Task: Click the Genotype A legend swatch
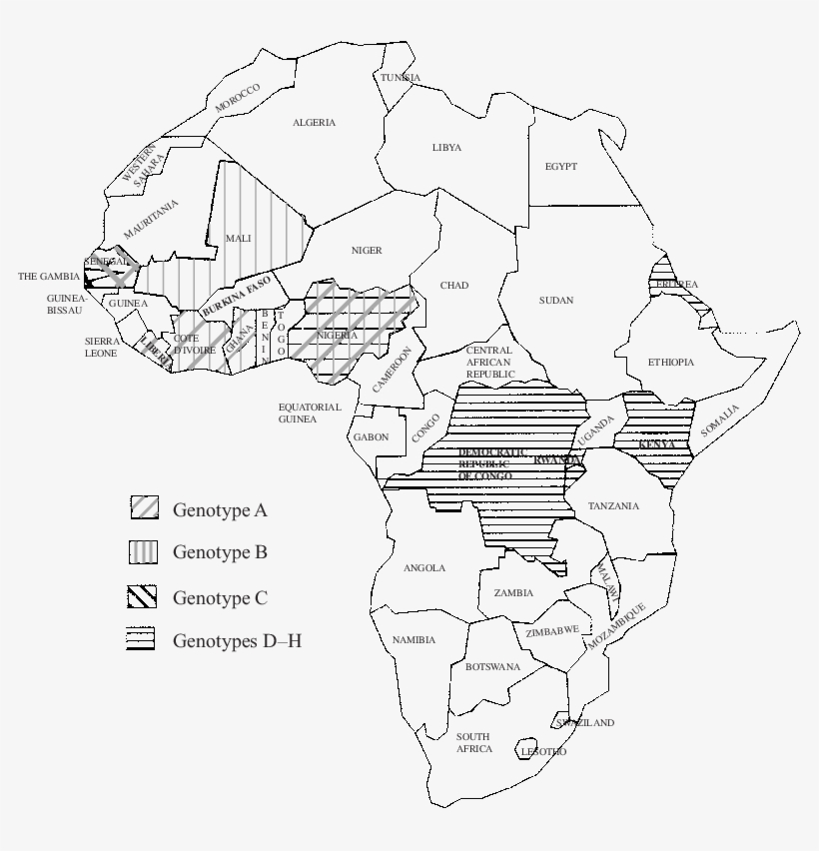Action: [144, 507]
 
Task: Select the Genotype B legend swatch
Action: [144, 551]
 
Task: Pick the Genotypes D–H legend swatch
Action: [141, 638]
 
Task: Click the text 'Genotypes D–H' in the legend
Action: [237, 640]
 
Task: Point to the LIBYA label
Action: [446, 147]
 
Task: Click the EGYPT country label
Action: [560, 167]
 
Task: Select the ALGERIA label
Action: [314, 123]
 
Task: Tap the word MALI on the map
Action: [239, 238]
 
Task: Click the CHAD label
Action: [453, 286]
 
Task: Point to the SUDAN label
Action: [556, 300]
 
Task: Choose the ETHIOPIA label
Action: [670, 362]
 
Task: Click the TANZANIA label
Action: [613, 505]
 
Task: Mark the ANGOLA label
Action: [424, 568]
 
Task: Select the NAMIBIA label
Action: [413, 639]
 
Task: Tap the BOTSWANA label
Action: [492, 666]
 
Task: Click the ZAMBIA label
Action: [513, 592]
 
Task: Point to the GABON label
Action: [371, 437]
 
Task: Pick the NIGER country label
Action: [367, 250]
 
